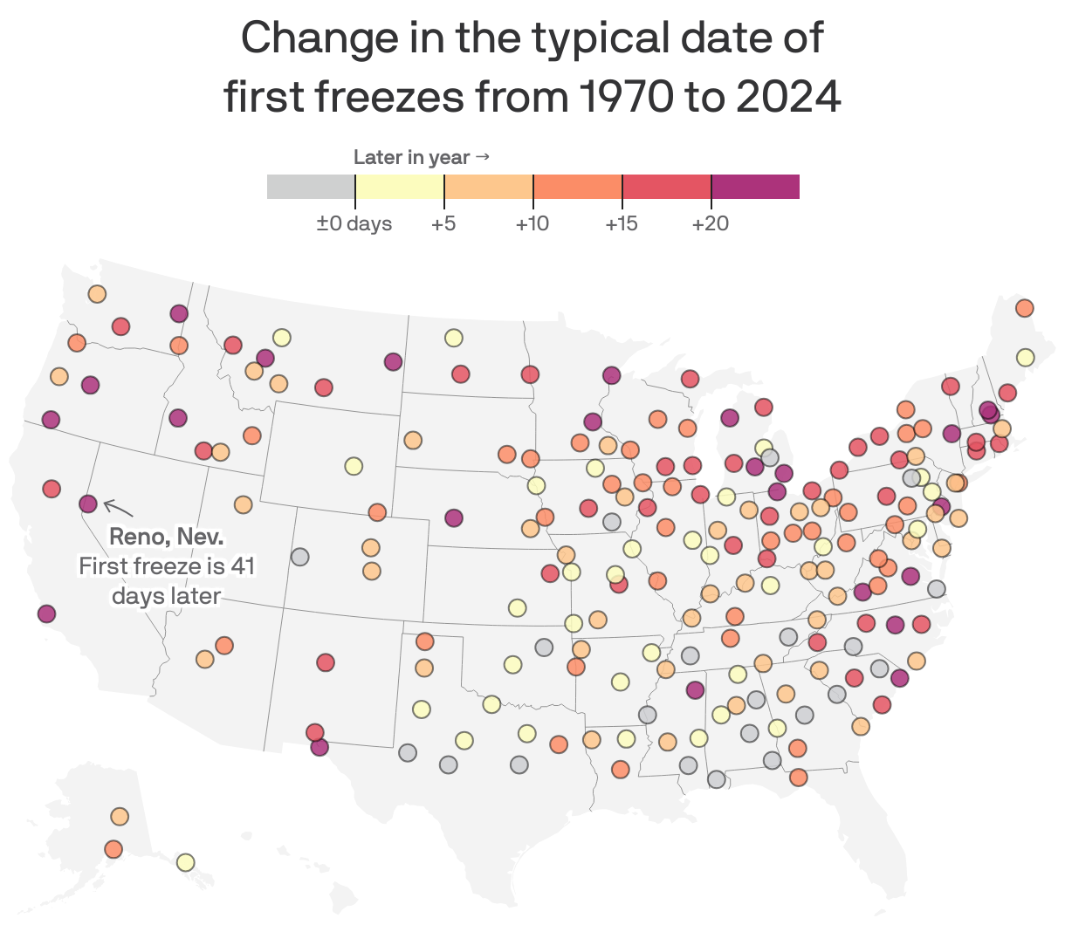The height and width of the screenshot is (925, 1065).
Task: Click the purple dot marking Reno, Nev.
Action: (87, 504)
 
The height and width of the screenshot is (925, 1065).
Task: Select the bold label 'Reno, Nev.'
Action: (166, 536)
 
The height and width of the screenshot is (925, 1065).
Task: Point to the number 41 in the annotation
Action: (243, 566)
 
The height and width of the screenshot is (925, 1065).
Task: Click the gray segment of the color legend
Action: (311, 187)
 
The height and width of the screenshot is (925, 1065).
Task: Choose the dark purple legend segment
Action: (755, 187)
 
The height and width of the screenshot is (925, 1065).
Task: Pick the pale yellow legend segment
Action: (400, 187)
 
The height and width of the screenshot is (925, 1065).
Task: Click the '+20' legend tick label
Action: (710, 224)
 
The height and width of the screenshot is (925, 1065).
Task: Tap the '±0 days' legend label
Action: (354, 224)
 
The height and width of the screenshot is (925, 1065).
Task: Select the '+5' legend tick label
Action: (443, 224)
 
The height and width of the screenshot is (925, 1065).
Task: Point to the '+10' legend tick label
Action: (532, 224)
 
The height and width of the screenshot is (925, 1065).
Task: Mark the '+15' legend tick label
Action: (621, 224)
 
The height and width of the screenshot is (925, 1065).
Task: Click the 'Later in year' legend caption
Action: (412, 157)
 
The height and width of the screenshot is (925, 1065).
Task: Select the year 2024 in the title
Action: (788, 96)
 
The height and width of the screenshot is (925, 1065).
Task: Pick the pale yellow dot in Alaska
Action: (185, 862)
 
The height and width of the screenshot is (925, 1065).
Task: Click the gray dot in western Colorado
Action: (299, 556)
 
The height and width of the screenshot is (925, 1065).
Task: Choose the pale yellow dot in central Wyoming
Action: (353, 465)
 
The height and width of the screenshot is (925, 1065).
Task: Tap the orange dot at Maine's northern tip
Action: (1024, 308)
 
